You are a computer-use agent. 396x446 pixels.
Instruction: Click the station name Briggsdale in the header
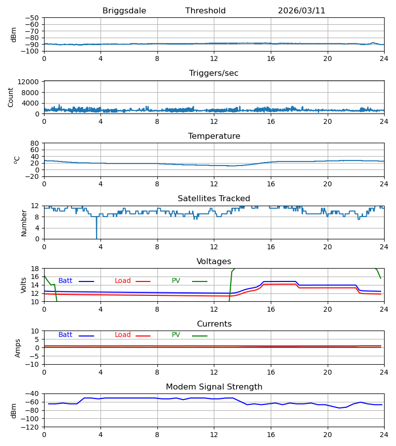[124, 11]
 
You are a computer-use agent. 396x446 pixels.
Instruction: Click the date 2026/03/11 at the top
[301, 11]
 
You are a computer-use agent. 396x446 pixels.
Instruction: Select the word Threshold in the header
[205, 11]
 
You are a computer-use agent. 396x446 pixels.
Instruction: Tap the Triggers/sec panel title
[214, 73]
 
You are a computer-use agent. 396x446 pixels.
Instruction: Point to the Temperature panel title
[214, 136]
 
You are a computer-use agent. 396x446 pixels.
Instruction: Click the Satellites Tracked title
[214, 199]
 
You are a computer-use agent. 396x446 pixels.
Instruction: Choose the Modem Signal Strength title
[214, 387]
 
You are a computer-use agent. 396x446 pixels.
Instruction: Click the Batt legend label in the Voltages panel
[65, 281]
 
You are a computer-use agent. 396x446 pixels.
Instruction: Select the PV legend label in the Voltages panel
[176, 281]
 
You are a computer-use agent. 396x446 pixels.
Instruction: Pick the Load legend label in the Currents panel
[123, 335]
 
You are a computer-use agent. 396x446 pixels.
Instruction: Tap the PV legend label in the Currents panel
[176, 335]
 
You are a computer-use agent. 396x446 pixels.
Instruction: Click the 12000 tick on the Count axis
[28, 82]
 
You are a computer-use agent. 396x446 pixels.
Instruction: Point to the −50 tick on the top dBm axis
[32, 18]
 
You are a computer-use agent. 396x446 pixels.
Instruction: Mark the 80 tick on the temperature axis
[34, 143]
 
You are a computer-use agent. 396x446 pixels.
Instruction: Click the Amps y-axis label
[18, 348]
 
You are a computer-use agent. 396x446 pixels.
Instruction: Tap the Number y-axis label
[24, 223]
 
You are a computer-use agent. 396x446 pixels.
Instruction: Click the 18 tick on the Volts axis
[35, 269]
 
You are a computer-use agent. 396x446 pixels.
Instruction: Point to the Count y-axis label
[10, 97]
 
